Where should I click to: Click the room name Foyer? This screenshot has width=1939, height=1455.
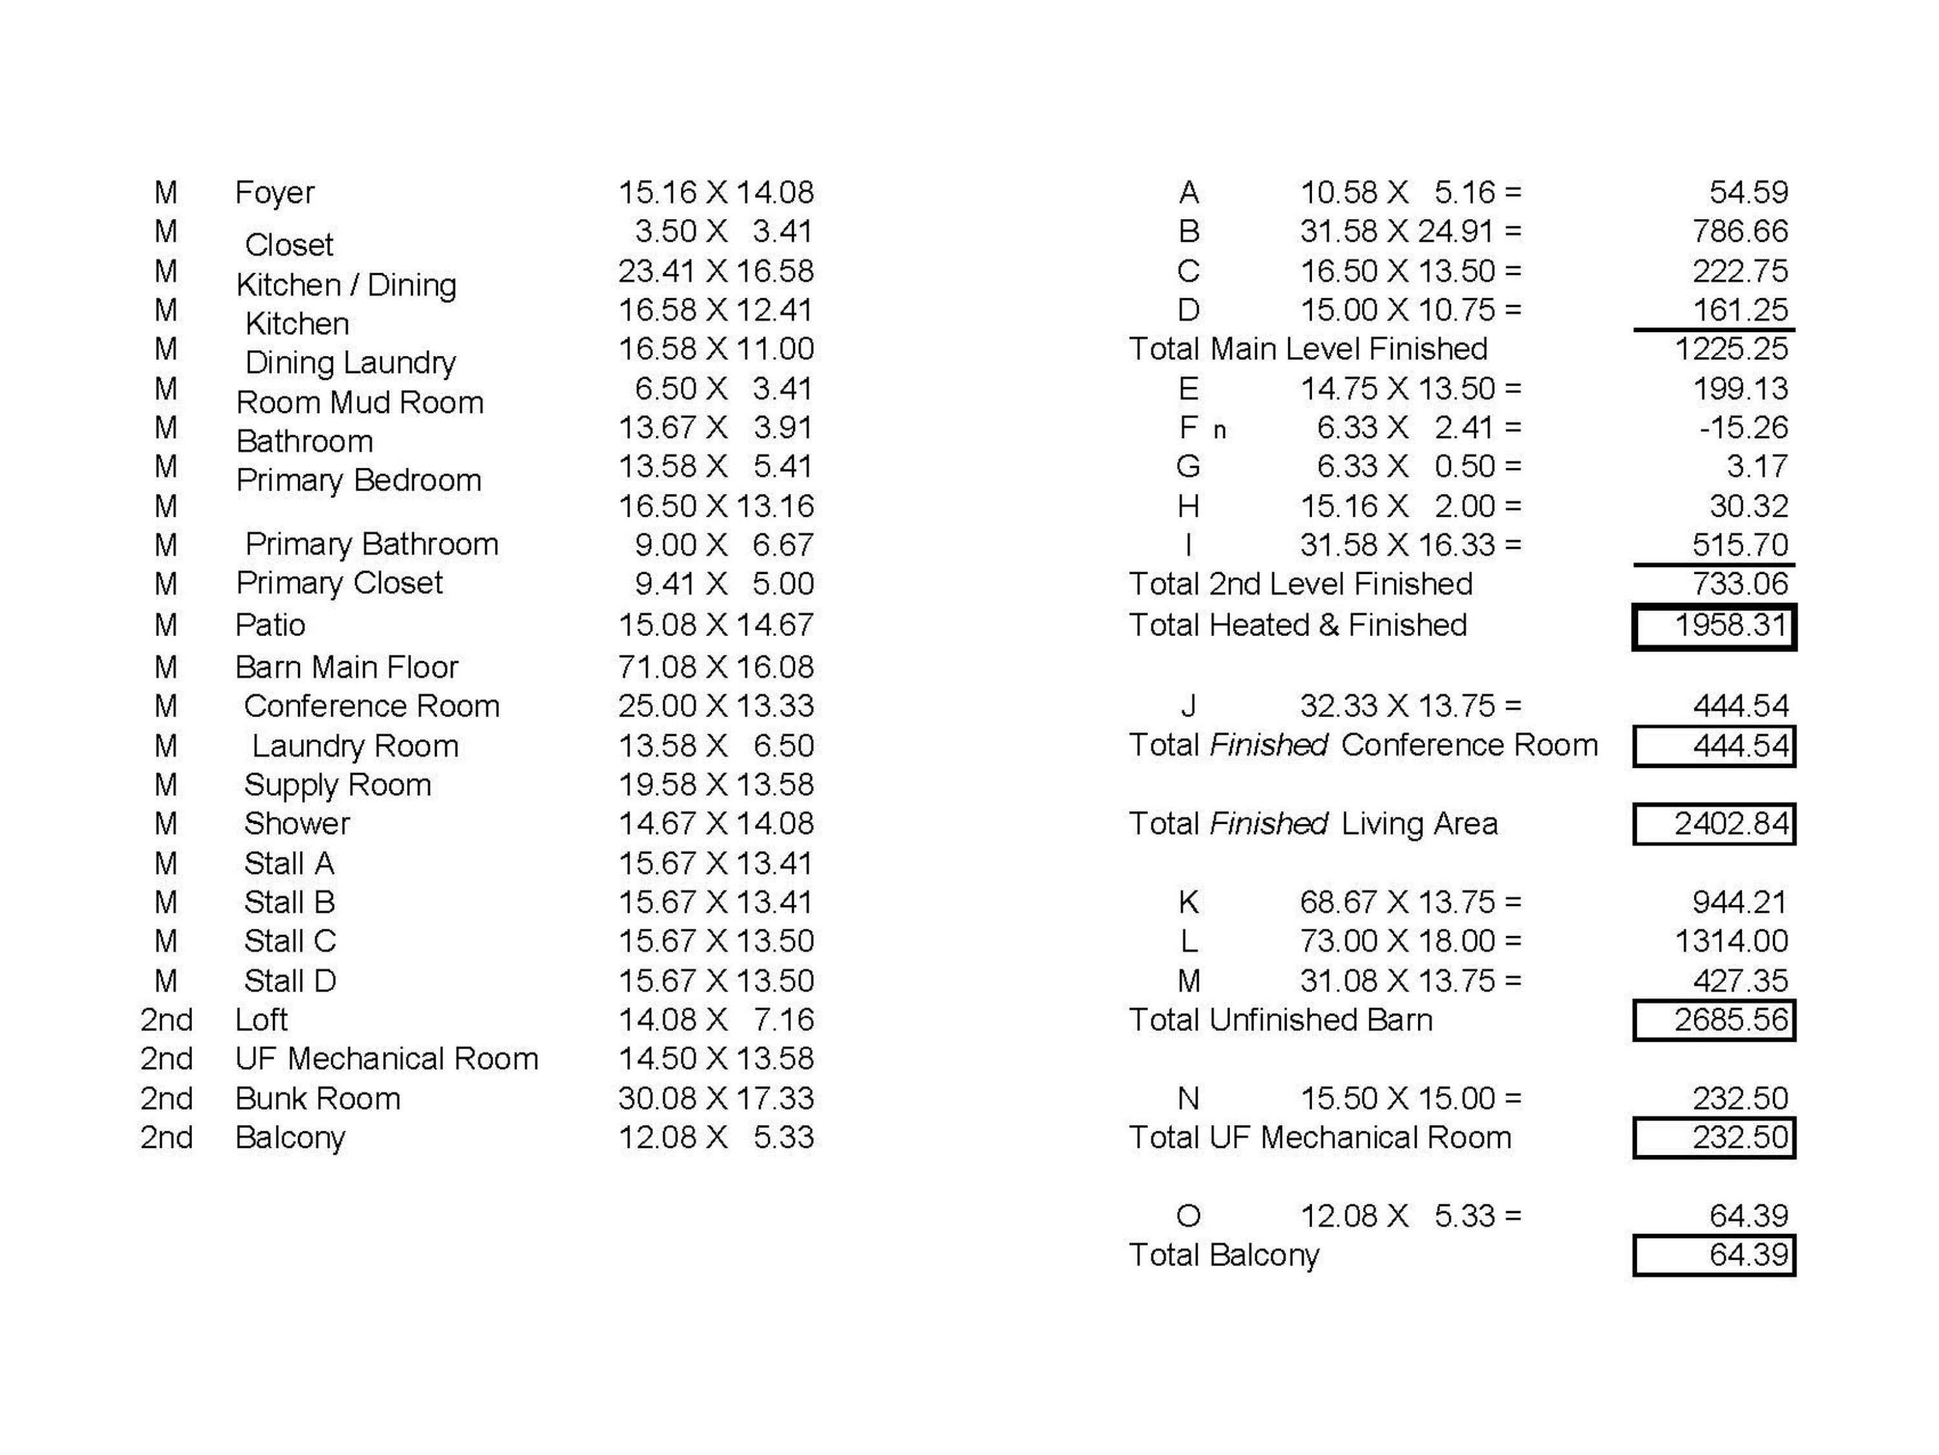coord(275,192)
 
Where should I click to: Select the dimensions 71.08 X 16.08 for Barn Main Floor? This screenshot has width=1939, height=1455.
coord(715,667)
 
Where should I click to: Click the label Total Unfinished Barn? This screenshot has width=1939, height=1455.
coord(1280,1019)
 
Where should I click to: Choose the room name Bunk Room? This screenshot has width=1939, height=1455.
coord(317,1098)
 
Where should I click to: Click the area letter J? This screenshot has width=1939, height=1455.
coord(1188,706)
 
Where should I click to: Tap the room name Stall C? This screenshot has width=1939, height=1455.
coord(290,940)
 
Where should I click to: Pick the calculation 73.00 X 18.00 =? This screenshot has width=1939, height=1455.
coord(1410,940)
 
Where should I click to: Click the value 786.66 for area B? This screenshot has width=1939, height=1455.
coord(1739,231)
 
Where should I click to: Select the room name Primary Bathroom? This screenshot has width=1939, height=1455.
coord(371,544)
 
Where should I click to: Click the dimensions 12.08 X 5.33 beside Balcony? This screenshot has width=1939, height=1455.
coord(715,1137)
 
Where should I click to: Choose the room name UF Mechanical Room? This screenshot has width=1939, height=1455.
coord(386,1059)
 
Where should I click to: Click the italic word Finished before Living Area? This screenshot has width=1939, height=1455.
coord(1267,824)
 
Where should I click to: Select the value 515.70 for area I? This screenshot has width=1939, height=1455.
coord(1739,544)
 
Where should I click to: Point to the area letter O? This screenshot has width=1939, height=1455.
coord(1188,1216)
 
